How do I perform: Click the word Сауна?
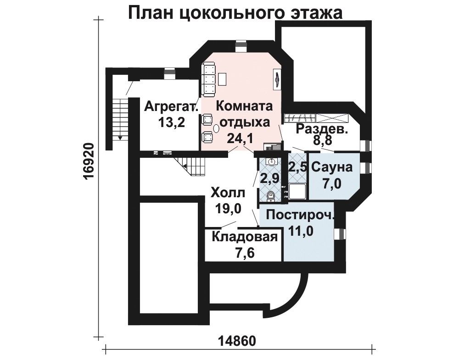[x=332, y=168]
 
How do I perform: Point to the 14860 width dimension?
[x=237, y=341]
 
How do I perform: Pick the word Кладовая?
[x=245, y=237]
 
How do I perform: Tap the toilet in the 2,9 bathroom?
[x=271, y=196]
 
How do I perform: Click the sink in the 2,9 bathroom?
[x=271, y=161]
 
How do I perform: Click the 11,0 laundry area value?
[x=301, y=231]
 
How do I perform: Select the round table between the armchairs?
[x=216, y=128]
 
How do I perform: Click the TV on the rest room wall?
[x=277, y=79]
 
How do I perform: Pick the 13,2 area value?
[x=171, y=122]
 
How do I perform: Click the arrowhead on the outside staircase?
[x=119, y=137]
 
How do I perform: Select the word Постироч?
[x=300, y=216]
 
